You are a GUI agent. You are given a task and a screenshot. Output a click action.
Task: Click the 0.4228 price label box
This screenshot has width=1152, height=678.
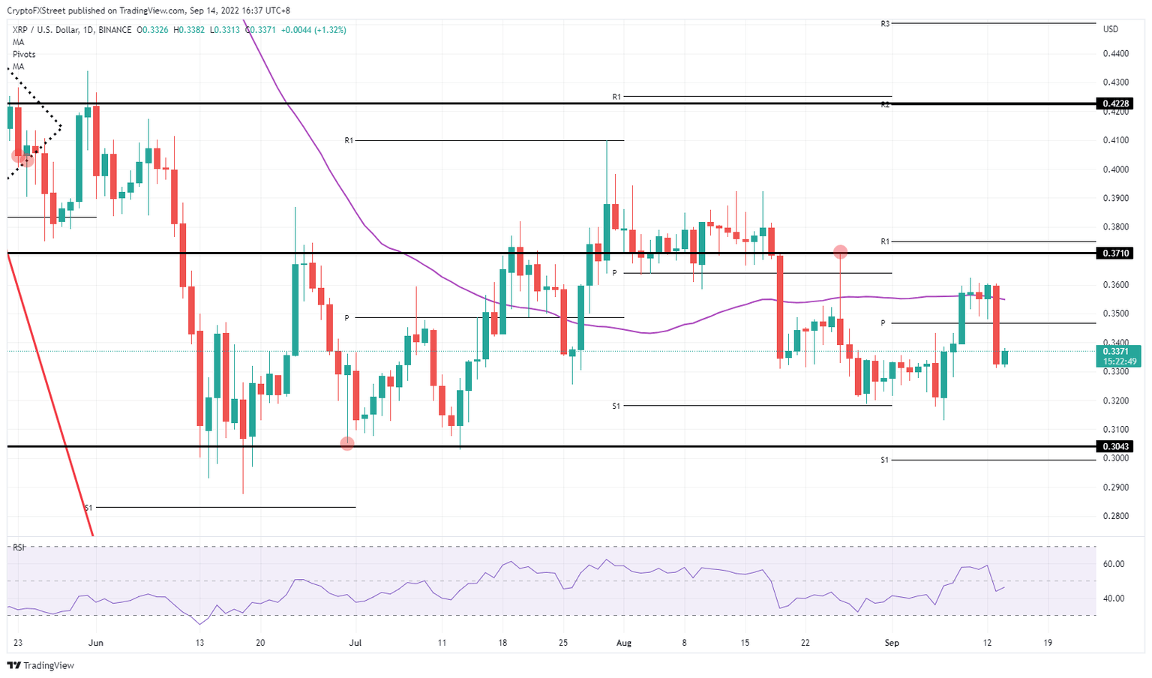tap(1114, 103)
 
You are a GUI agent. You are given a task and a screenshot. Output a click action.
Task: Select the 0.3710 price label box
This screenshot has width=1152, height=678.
tap(1114, 253)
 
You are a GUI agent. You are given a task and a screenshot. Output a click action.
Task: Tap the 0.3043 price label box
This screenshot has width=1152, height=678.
tap(1114, 446)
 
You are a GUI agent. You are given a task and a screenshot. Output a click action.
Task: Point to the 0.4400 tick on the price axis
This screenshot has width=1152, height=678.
tap(1116, 54)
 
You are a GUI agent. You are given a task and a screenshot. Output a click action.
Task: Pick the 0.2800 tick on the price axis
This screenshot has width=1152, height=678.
tap(1116, 516)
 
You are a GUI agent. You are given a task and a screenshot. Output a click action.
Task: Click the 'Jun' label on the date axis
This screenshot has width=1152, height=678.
tap(95, 643)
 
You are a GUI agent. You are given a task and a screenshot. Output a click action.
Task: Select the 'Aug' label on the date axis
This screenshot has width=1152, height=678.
tap(624, 643)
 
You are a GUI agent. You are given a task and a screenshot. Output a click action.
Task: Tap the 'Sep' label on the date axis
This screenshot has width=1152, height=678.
tap(892, 643)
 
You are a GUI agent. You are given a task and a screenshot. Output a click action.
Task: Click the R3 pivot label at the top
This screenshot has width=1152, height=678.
tap(885, 24)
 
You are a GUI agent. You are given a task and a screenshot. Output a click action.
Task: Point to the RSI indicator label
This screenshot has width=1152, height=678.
tap(19, 547)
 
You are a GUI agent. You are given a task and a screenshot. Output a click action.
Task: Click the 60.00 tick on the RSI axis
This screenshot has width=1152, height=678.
tap(1114, 564)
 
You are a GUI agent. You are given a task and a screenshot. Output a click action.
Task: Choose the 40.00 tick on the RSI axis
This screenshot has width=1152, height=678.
tap(1114, 598)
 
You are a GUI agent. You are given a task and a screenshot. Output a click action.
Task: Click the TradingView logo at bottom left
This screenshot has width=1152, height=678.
tap(40, 665)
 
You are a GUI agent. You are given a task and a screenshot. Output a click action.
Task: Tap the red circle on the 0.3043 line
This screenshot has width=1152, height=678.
tap(347, 444)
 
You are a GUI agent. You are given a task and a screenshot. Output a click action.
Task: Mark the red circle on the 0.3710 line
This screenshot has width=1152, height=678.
tap(841, 252)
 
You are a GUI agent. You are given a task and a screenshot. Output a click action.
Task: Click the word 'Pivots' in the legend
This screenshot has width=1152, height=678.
tap(24, 55)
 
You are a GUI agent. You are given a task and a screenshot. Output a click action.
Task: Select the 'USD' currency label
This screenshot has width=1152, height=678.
tap(1111, 29)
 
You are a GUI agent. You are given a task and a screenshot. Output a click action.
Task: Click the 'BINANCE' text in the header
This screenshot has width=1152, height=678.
tap(115, 30)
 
